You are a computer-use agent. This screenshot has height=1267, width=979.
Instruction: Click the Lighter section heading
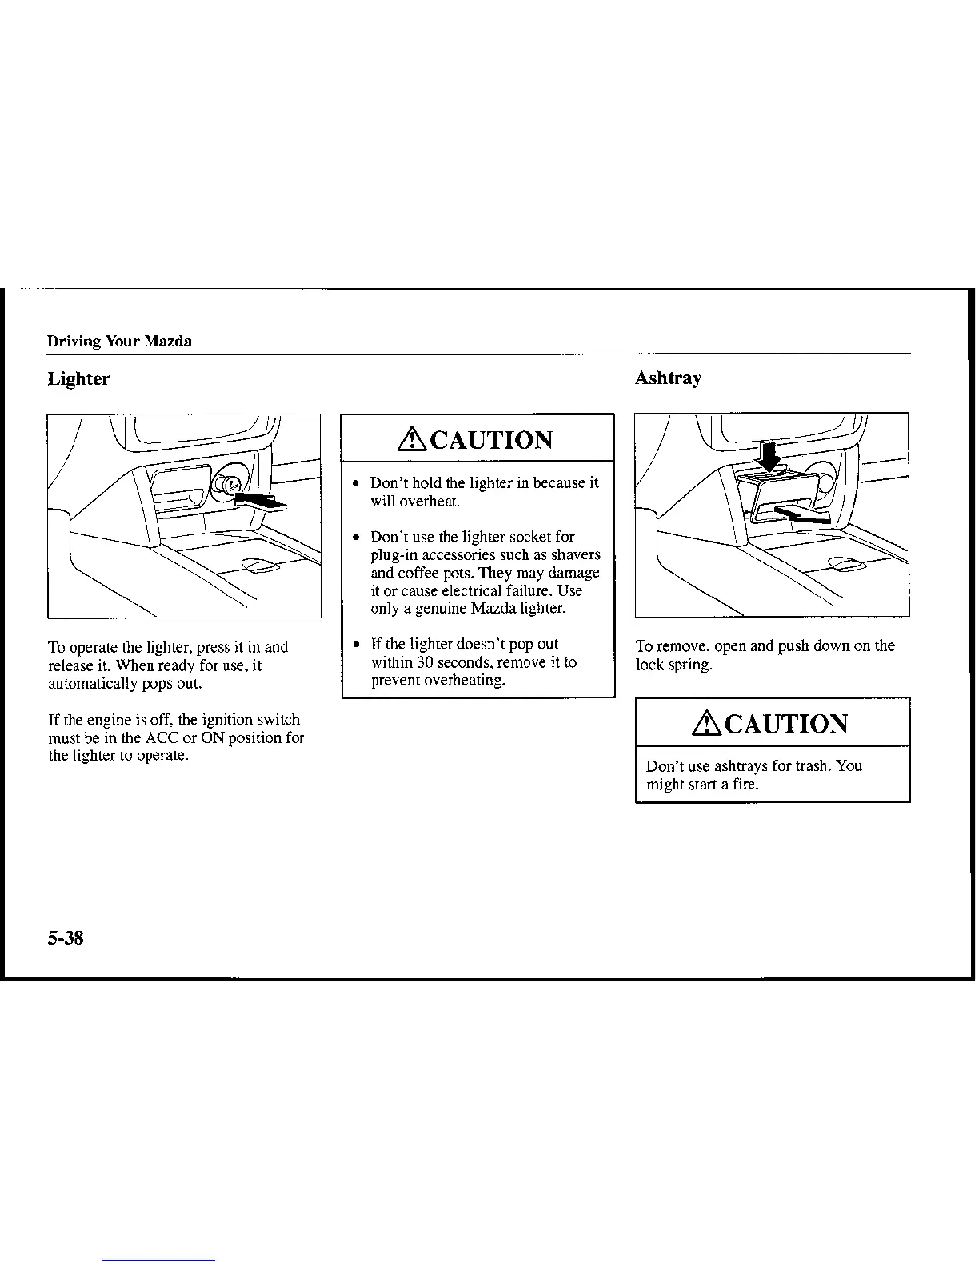coord(78,379)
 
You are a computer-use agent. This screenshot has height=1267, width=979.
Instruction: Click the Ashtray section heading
coord(668,378)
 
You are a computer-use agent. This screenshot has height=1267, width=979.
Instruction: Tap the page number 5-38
coord(66,937)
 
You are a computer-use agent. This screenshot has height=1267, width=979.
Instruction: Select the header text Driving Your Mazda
coord(119,342)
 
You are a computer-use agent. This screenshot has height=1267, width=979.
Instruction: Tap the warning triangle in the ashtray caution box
coord(706,724)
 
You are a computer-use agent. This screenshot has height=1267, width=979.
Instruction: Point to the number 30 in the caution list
coord(426,662)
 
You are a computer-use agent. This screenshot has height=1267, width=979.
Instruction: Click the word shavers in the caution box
coord(575,554)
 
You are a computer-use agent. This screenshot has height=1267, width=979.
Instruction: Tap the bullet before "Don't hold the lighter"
coord(354,484)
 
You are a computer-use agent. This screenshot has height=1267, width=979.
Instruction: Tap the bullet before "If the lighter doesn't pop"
coord(354,645)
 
